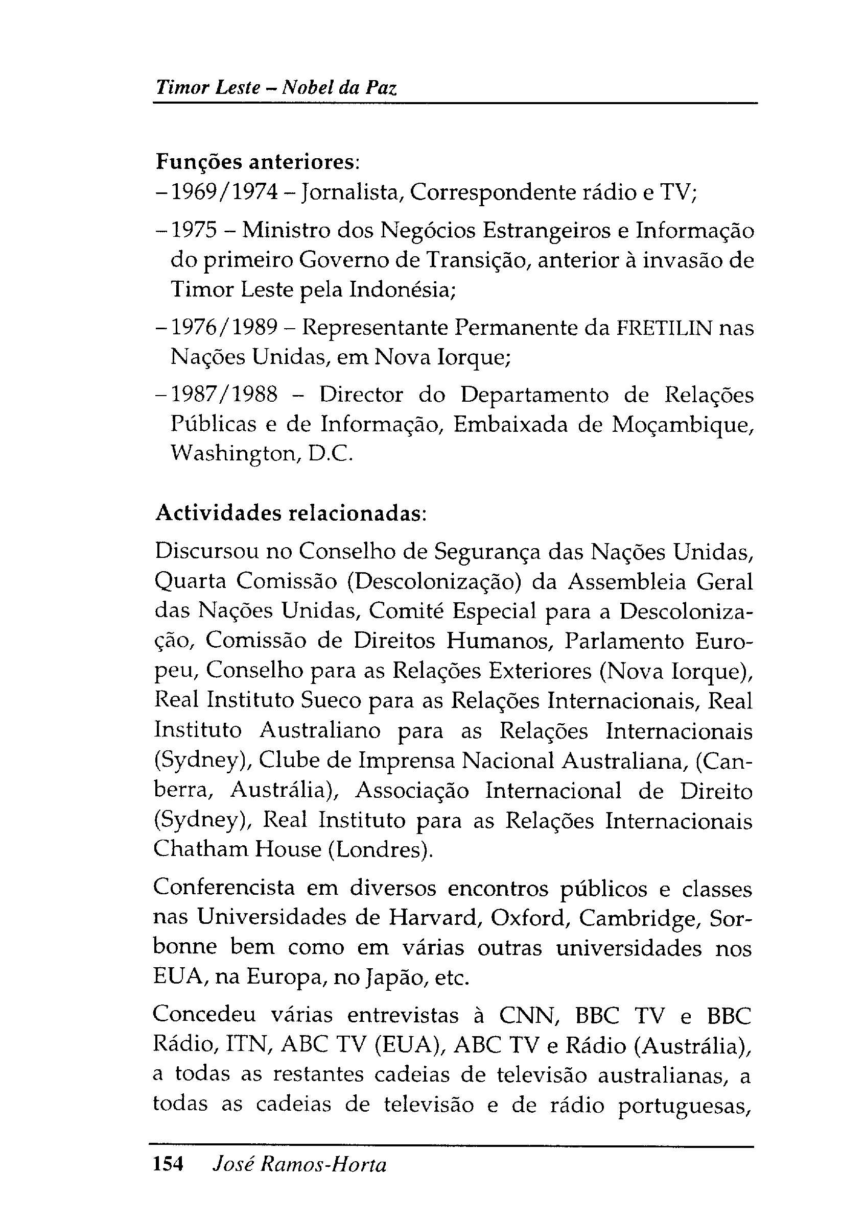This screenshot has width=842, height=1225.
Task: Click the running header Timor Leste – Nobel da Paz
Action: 275,87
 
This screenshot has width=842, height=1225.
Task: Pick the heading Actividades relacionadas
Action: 290,513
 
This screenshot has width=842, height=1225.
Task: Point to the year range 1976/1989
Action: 225,328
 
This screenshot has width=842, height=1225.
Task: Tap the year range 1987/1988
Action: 225,394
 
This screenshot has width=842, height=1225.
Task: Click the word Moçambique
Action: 682,425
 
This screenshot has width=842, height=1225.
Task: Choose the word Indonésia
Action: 402,290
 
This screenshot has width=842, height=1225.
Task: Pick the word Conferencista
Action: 224,888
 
